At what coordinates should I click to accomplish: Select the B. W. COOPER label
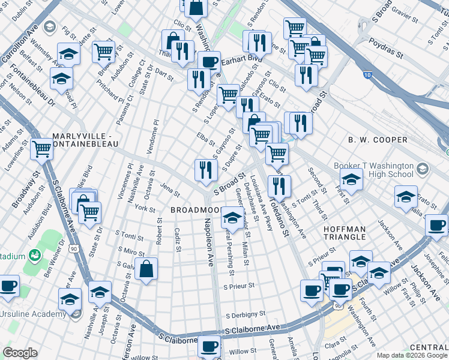(x=378, y=140)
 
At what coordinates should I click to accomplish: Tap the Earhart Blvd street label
(x=243, y=59)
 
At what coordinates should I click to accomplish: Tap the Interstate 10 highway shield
(x=367, y=75)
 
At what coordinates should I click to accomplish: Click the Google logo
(x=20, y=353)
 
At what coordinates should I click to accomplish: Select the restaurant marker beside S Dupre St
(x=206, y=169)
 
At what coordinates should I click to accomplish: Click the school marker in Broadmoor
(x=232, y=216)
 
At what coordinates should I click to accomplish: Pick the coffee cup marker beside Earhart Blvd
(x=209, y=61)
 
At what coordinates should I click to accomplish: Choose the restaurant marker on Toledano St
(x=280, y=185)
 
